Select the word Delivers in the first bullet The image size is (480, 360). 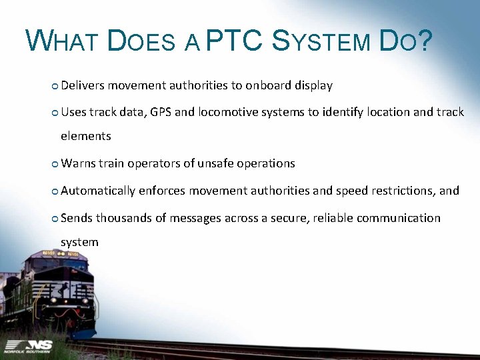[x=83, y=85]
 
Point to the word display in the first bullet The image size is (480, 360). [x=313, y=85]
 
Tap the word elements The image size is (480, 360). [x=85, y=136]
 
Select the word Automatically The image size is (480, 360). [x=98, y=191]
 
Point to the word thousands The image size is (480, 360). [x=125, y=218]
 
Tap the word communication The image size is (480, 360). [x=397, y=218]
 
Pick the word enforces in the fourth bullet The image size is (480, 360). [x=162, y=191]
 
